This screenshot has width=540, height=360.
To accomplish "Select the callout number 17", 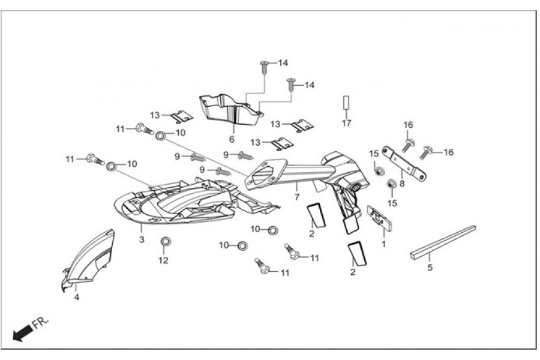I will (x=346, y=124).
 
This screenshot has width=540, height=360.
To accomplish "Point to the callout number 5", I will (x=430, y=268).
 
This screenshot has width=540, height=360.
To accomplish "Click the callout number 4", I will (x=76, y=296).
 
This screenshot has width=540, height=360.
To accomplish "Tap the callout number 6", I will (x=231, y=139).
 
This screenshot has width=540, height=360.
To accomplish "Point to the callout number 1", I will (x=384, y=244).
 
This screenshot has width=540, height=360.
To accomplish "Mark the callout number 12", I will (x=164, y=260).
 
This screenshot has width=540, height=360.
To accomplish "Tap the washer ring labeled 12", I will (x=164, y=242).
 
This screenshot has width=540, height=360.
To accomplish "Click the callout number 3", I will (x=142, y=240).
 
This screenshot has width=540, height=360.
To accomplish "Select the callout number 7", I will (x=296, y=197).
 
